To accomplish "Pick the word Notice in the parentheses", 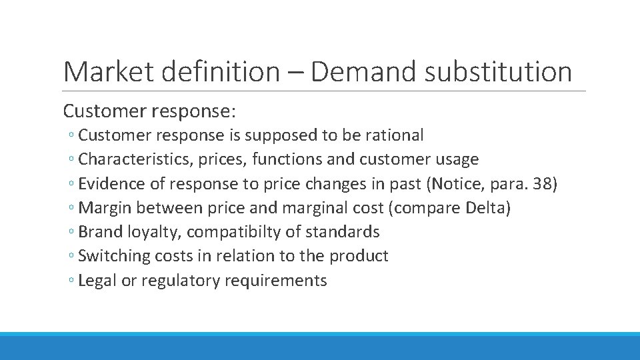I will tap(455, 183).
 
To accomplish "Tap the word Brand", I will tap(98, 232).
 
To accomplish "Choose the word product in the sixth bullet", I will tap(363, 256).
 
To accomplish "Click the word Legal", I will tap(95, 280).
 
